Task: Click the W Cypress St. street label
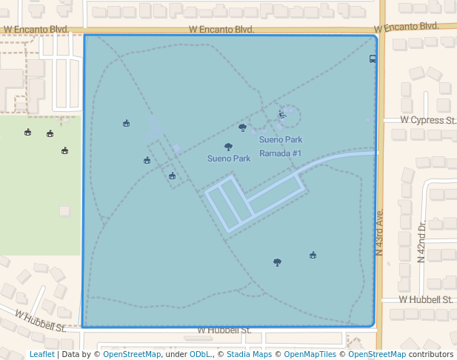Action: click(x=428, y=120)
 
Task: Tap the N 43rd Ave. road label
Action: click(x=379, y=233)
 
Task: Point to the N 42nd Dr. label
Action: click(x=421, y=242)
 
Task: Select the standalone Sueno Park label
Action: click(x=229, y=159)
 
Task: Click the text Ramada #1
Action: click(x=281, y=153)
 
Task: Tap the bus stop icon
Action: click(x=373, y=59)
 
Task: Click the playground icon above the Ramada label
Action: click(x=281, y=114)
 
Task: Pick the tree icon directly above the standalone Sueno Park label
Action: click(x=228, y=147)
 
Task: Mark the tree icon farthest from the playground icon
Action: click(x=277, y=261)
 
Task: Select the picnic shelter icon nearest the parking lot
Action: click(x=172, y=176)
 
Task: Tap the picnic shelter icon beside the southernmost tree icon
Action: click(x=313, y=256)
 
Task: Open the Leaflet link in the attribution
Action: click(x=41, y=355)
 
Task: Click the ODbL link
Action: click(x=200, y=355)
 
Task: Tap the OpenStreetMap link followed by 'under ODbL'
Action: click(x=132, y=355)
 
